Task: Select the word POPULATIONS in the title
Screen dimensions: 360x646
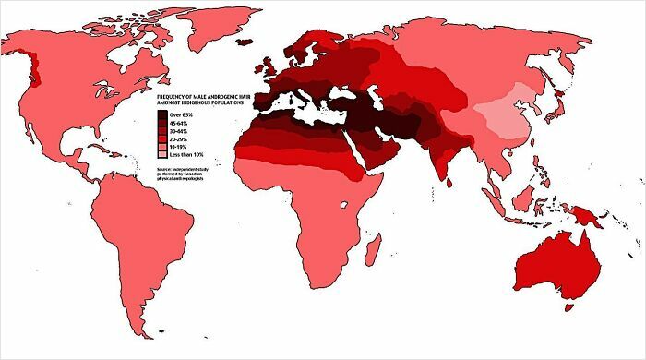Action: coord(229,103)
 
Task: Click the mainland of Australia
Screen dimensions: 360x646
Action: coord(554,263)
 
